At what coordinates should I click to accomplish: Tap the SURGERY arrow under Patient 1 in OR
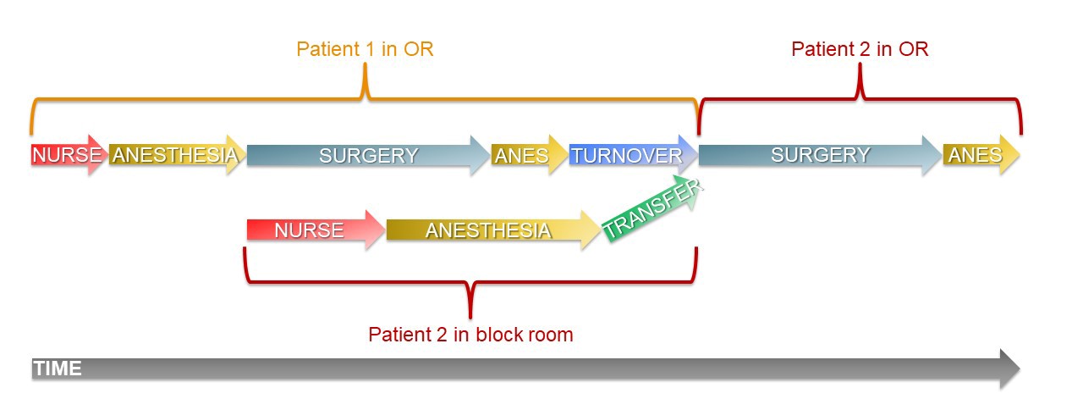click(368, 155)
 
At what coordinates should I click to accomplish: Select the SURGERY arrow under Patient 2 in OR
click(819, 155)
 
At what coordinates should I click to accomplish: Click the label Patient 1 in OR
click(365, 49)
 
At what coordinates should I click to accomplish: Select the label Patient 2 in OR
click(860, 49)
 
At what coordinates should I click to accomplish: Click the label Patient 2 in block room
click(470, 335)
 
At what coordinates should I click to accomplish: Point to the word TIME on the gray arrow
click(58, 368)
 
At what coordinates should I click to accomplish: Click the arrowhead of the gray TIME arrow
click(1009, 368)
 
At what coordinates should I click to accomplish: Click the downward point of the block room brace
click(470, 312)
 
